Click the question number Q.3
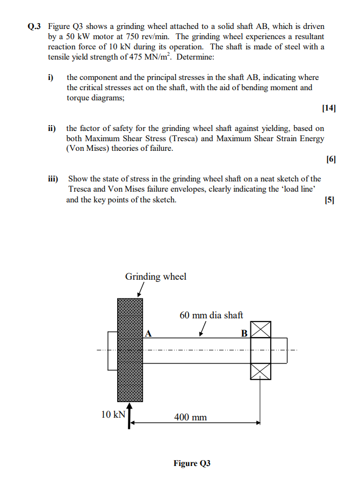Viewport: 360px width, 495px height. coord(35,26)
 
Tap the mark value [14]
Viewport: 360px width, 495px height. coord(329,108)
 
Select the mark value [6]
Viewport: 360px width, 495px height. coord(330,159)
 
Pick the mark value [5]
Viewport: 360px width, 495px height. coord(329,200)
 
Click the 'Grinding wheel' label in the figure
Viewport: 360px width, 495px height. coord(156,276)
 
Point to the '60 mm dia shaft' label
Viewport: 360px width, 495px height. coord(211,315)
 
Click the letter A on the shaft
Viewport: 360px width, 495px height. coord(149,333)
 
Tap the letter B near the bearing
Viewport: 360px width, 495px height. coord(244,333)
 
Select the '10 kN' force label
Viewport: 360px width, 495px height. coord(113,414)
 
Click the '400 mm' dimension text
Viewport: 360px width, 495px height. coord(190,417)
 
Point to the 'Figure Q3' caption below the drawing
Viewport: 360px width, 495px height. coord(192,463)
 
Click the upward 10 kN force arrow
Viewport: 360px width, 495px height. coord(129,417)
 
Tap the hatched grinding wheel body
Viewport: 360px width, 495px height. coord(130,350)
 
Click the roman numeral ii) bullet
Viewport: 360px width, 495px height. coord(52,128)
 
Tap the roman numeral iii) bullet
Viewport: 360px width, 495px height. coord(53,179)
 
